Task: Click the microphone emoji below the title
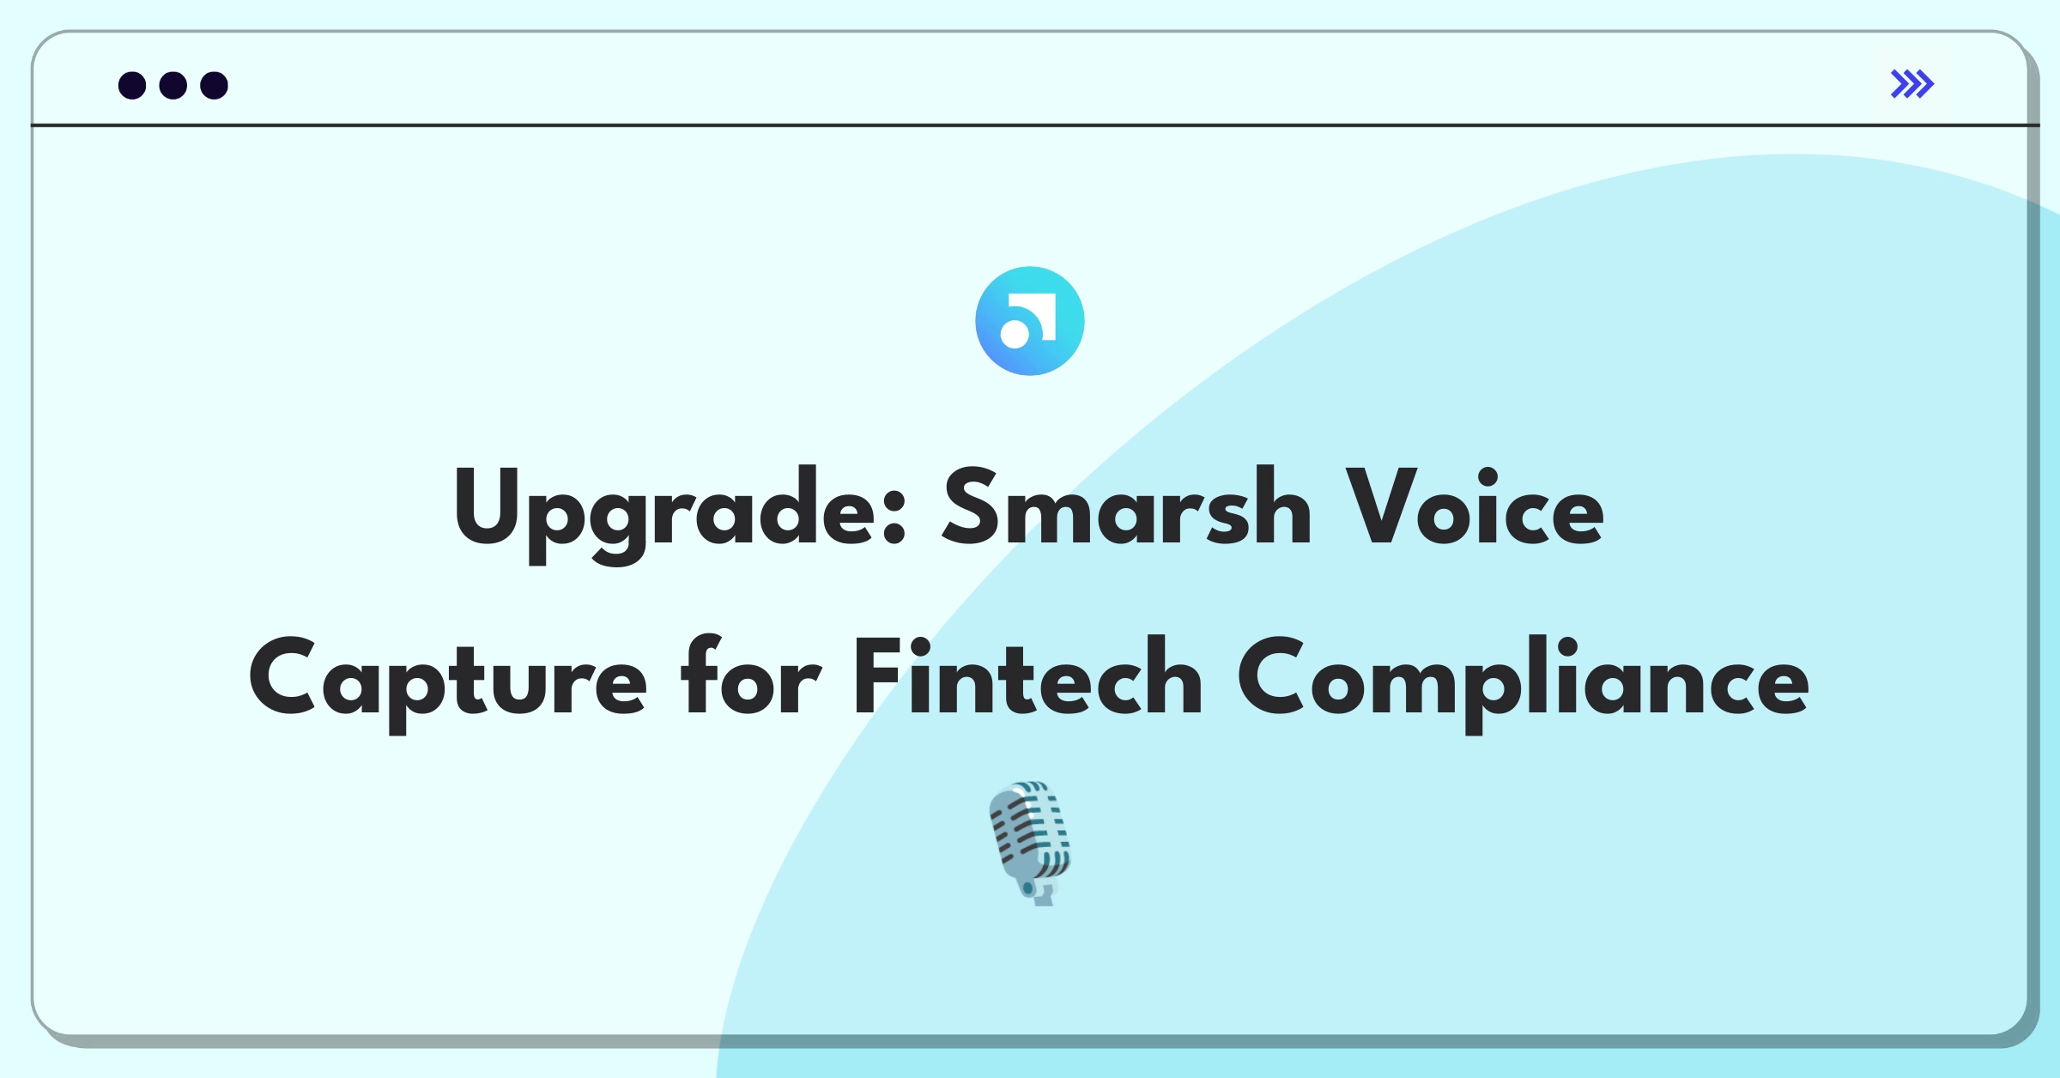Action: point(1031,843)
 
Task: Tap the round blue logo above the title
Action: point(1030,321)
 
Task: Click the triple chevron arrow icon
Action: point(1912,84)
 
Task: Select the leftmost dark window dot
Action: point(132,85)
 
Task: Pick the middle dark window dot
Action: point(173,85)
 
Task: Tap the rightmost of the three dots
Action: point(215,85)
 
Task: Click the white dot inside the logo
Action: point(1015,335)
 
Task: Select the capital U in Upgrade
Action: point(486,506)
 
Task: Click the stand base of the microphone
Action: point(1043,898)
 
